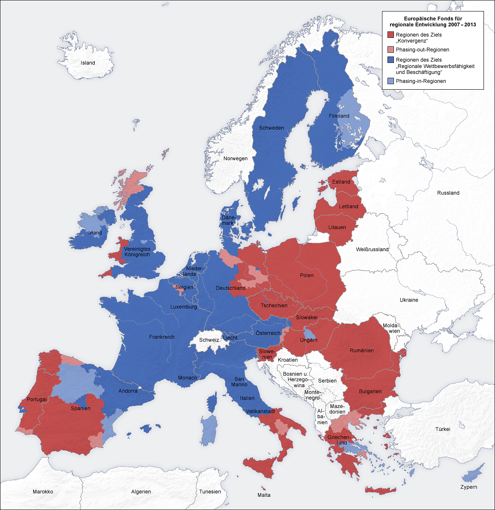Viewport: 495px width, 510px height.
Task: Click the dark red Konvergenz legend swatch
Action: point(390,35)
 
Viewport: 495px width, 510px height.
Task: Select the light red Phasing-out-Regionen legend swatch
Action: point(390,50)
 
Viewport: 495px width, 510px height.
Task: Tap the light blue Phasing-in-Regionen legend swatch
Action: point(390,81)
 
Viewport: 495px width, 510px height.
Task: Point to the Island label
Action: point(88,63)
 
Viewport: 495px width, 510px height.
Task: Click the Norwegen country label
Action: point(235,159)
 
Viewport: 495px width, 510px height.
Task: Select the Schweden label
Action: point(271,128)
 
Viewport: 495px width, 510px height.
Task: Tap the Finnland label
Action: point(339,116)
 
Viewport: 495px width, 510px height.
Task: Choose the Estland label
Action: point(341,182)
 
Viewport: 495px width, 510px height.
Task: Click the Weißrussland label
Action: point(372,249)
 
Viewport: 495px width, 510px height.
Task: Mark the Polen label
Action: point(306,275)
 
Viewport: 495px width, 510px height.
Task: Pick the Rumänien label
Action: point(362,351)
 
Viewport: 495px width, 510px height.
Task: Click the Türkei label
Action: point(442,429)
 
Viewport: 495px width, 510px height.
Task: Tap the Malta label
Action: point(264,495)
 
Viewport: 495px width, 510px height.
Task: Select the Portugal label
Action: point(37,400)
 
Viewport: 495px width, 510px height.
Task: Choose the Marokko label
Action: point(43,492)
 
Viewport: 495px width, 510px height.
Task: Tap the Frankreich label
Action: point(161,337)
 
